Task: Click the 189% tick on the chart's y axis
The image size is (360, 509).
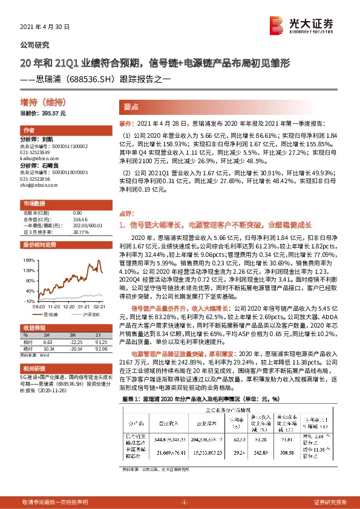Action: [x=30, y=259]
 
